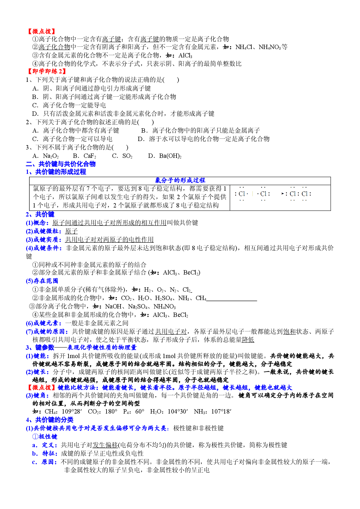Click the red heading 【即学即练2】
(x=46, y=71)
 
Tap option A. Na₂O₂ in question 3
(x=46, y=156)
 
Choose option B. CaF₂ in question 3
(x=84, y=156)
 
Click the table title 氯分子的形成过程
(x=180, y=181)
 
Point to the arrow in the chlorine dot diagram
(x=283, y=193)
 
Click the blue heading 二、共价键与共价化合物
(x=61, y=164)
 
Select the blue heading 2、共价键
(x=40, y=214)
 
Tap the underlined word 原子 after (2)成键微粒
(x=71, y=231)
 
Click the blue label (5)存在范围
(x=42, y=281)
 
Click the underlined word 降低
(x=248, y=340)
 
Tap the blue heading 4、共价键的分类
(x=50, y=420)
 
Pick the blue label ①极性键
(x=45, y=437)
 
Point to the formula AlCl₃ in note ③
(x=185, y=56)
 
